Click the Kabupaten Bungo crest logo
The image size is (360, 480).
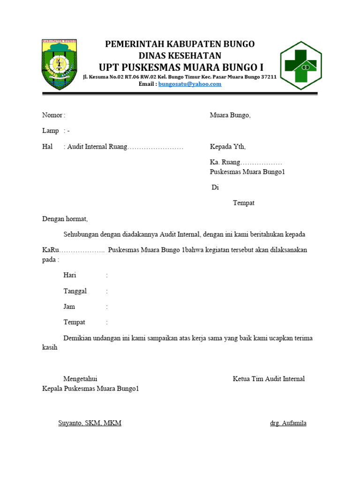(59, 64)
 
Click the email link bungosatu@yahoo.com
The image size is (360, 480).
(190, 84)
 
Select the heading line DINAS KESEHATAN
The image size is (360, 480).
(180, 55)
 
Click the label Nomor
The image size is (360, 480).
(52, 115)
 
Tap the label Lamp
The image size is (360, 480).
(51, 131)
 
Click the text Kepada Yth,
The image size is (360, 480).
(227, 147)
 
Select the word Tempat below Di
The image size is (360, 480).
(244, 203)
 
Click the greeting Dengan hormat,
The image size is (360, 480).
(65, 218)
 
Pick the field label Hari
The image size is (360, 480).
(70, 275)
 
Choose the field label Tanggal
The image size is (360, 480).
(75, 291)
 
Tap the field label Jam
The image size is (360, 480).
(69, 307)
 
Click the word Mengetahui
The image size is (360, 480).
(80, 379)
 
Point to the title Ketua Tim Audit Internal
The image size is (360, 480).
(269, 379)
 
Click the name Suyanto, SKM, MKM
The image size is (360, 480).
(90, 423)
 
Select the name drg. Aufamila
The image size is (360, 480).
(288, 423)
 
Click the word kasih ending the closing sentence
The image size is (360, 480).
(50, 347)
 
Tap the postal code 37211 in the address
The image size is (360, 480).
(267, 76)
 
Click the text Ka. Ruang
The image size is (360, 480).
(225, 162)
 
